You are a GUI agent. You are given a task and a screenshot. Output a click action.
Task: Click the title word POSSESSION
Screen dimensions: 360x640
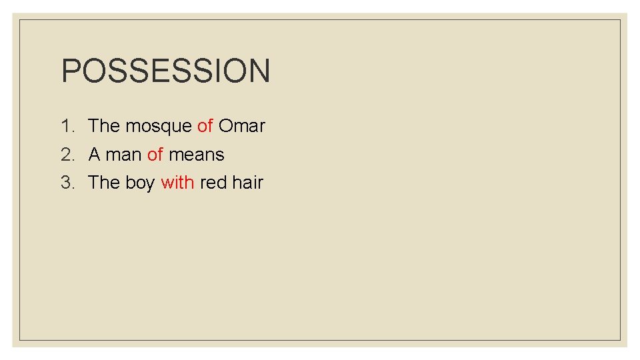click(165, 71)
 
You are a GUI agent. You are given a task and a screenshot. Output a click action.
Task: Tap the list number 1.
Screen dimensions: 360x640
click(67, 126)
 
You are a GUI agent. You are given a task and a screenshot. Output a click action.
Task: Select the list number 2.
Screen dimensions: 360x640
click(67, 155)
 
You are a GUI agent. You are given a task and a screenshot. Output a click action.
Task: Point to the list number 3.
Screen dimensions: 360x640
click(67, 183)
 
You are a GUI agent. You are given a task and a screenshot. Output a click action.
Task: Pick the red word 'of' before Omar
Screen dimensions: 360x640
click(205, 126)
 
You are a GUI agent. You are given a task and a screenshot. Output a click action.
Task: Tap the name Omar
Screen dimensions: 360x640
click(242, 126)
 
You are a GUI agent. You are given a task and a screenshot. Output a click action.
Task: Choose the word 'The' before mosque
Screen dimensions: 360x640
click(103, 126)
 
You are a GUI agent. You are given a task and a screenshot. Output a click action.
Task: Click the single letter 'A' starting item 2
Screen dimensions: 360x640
click(94, 155)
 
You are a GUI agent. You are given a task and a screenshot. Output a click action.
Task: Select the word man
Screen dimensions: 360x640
click(124, 155)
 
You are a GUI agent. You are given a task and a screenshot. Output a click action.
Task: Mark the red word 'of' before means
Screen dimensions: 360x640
click(155, 155)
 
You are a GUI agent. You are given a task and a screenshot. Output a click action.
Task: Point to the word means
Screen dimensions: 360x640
click(197, 155)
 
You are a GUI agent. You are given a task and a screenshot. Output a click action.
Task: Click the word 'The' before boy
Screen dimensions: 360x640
click(103, 183)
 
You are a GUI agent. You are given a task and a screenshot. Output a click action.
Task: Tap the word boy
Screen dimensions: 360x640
click(140, 183)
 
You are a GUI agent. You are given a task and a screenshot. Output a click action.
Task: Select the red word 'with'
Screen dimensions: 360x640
click(177, 183)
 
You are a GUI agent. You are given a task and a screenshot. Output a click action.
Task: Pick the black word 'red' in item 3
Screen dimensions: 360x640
click(213, 183)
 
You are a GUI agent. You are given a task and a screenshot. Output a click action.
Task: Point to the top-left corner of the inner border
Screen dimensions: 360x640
click(19, 20)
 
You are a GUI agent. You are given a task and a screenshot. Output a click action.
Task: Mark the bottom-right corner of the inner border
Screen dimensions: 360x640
click(620, 340)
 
